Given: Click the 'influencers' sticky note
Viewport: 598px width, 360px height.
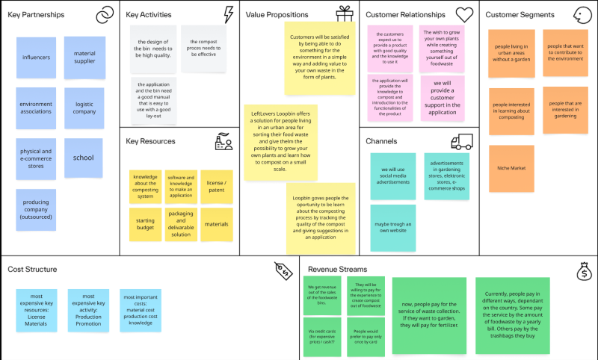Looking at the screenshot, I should [36, 58].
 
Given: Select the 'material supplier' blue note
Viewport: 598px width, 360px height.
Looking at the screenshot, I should [84, 57].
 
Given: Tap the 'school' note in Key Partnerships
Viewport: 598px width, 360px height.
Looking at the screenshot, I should [83, 158].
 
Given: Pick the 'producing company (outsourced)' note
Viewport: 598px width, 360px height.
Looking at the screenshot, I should [36, 210].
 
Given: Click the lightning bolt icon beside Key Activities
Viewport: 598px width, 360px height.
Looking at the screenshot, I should [228, 14].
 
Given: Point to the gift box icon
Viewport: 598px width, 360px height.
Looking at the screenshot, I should [344, 14].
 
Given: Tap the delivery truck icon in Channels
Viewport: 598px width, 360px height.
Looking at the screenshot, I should [461, 141].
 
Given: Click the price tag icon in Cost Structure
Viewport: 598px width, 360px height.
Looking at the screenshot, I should [283, 270].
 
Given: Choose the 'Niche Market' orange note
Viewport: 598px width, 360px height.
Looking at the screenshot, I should [511, 168].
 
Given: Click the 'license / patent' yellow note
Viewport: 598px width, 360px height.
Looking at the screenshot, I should [216, 187].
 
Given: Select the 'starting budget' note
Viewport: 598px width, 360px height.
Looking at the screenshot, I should [145, 224].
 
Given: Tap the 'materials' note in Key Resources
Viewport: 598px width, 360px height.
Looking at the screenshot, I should [216, 224].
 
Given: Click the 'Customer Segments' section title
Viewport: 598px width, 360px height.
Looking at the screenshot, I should [520, 15].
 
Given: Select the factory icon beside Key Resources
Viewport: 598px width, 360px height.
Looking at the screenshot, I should [223, 142].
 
